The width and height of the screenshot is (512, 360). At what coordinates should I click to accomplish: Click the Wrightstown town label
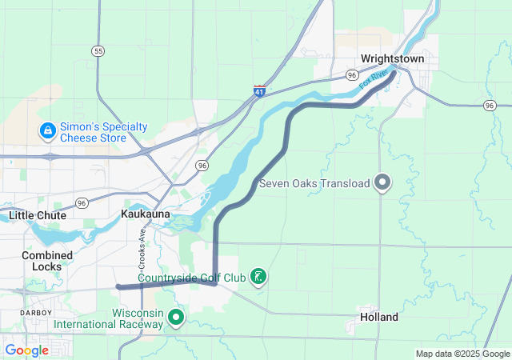coord(392,58)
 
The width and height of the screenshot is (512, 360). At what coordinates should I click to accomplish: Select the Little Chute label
coord(38,215)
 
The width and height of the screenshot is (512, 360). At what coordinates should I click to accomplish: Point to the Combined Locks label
coord(47,261)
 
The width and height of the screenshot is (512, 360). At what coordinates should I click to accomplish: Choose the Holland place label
coord(379,317)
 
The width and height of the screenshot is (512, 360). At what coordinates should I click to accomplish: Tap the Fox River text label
coord(374,78)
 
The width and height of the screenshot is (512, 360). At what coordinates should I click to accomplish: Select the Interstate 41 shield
coord(259,92)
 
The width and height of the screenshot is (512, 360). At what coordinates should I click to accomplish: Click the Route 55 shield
coord(98,51)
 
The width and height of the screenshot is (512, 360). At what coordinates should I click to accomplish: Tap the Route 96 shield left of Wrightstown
coord(352,74)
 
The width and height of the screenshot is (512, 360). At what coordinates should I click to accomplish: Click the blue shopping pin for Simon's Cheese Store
coord(47,130)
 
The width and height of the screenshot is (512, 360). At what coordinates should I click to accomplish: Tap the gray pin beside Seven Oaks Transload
coord(383,183)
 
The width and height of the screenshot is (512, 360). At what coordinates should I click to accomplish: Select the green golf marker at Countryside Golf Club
coord(258,277)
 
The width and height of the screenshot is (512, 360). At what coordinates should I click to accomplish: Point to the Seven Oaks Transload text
coord(314,184)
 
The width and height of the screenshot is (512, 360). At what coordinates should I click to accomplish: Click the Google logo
coord(26,350)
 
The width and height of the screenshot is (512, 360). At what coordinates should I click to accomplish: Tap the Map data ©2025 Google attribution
coord(462,354)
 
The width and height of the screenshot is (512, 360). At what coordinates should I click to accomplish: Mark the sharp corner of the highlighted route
coord(215,282)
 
